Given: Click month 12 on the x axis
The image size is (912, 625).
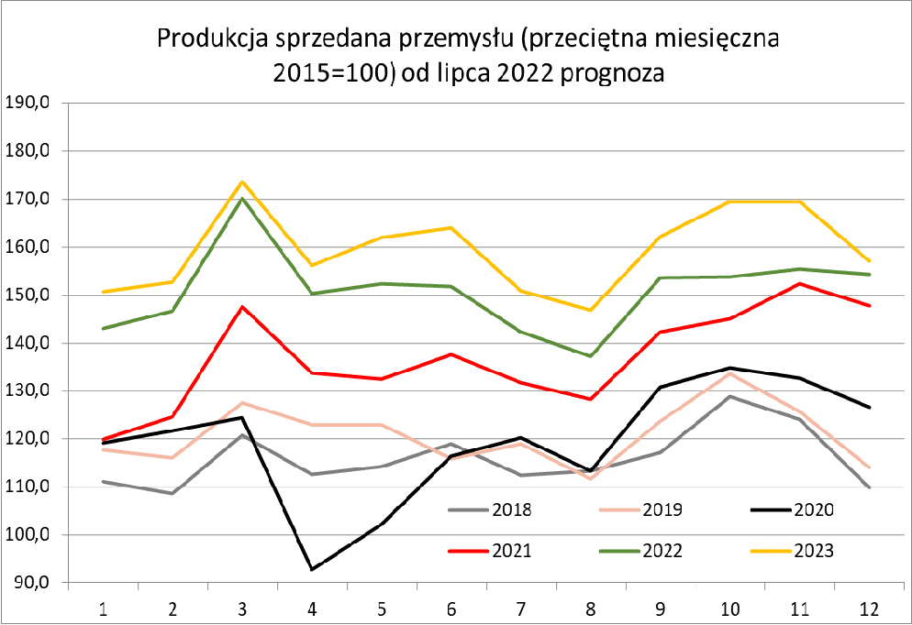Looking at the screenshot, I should pyautogui.click(x=869, y=608).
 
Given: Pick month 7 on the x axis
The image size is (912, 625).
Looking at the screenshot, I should pyautogui.click(x=521, y=608).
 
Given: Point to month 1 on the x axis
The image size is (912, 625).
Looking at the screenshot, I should pyautogui.click(x=104, y=608).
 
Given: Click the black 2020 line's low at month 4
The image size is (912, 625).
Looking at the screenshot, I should pyautogui.click(x=312, y=569).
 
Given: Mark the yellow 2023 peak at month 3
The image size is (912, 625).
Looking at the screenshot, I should pyautogui.click(x=242, y=181).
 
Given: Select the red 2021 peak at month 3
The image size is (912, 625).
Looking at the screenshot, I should pyautogui.click(x=242, y=307).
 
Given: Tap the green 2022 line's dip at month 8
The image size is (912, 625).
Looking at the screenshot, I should pyautogui.click(x=591, y=356).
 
